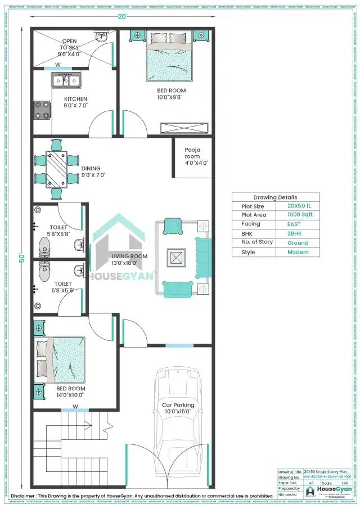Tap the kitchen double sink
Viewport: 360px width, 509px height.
(66, 81)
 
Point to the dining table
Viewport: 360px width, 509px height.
(57, 169)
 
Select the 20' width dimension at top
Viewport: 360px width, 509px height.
(123, 16)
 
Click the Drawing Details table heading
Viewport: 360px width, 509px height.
(276, 197)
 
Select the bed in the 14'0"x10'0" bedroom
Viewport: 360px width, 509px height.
(61, 359)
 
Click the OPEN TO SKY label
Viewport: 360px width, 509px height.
(70, 48)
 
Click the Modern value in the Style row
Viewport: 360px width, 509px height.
(298, 252)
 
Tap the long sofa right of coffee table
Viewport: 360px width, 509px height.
(203, 258)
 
